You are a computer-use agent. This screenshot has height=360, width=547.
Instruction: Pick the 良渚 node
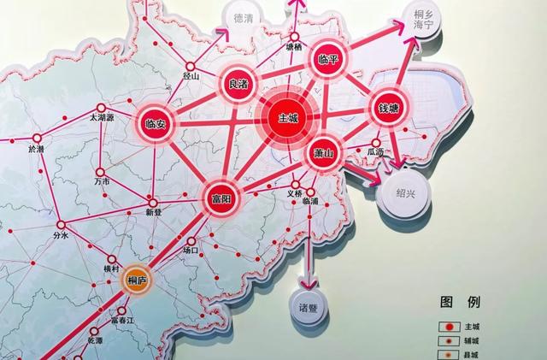(x=238, y=84)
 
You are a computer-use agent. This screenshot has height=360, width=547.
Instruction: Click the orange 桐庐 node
(x=137, y=280)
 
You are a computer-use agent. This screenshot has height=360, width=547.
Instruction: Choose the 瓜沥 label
(x=376, y=151)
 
